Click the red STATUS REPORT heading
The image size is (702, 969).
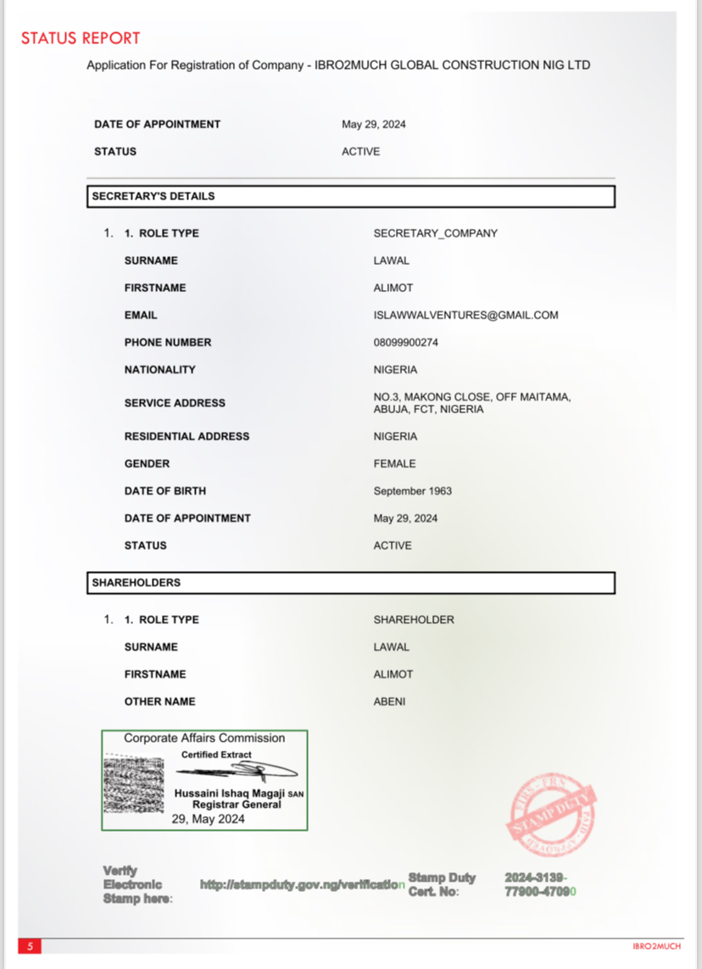pos(81,38)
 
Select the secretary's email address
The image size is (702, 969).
pos(465,315)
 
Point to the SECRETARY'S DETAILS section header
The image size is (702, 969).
pos(153,196)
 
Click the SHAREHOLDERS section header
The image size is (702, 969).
pos(136,583)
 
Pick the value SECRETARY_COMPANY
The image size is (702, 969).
pos(435,232)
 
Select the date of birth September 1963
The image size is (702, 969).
pos(412,490)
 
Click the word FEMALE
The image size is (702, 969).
pos(394,463)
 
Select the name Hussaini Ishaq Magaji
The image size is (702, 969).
pos(229,793)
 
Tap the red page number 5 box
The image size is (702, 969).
pos(30,946)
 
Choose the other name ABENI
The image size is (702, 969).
pos(389,701)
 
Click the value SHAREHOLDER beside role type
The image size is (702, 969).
pos(414,619)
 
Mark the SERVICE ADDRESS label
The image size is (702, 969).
pos(175,403)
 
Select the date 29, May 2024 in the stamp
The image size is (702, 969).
pos(208,819)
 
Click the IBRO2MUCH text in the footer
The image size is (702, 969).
pos(656,945)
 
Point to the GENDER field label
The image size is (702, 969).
pos(147,463)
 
